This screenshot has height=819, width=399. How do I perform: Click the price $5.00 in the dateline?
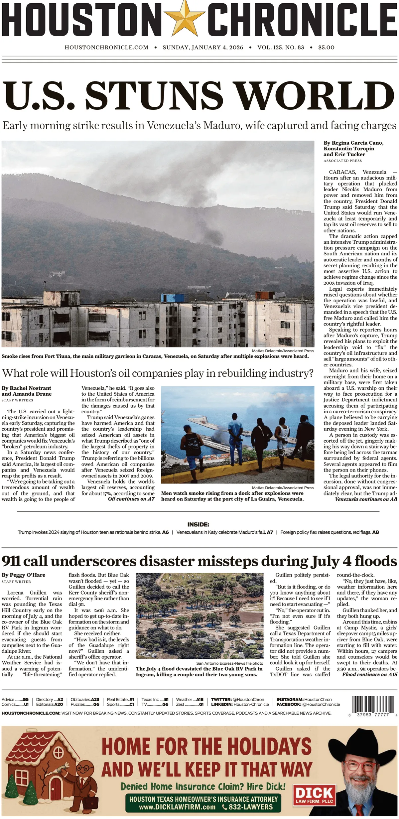click(326, 48)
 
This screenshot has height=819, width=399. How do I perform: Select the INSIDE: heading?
click(198, 524)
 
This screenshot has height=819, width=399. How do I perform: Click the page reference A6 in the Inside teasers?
click(165, 532)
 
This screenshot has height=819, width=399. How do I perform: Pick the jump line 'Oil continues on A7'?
click(131, 499)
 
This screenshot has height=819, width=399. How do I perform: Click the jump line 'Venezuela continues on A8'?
click(366, 499)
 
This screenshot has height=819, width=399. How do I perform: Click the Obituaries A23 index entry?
click(85, 699)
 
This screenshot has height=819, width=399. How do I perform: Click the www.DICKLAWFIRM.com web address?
click(177, 807)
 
